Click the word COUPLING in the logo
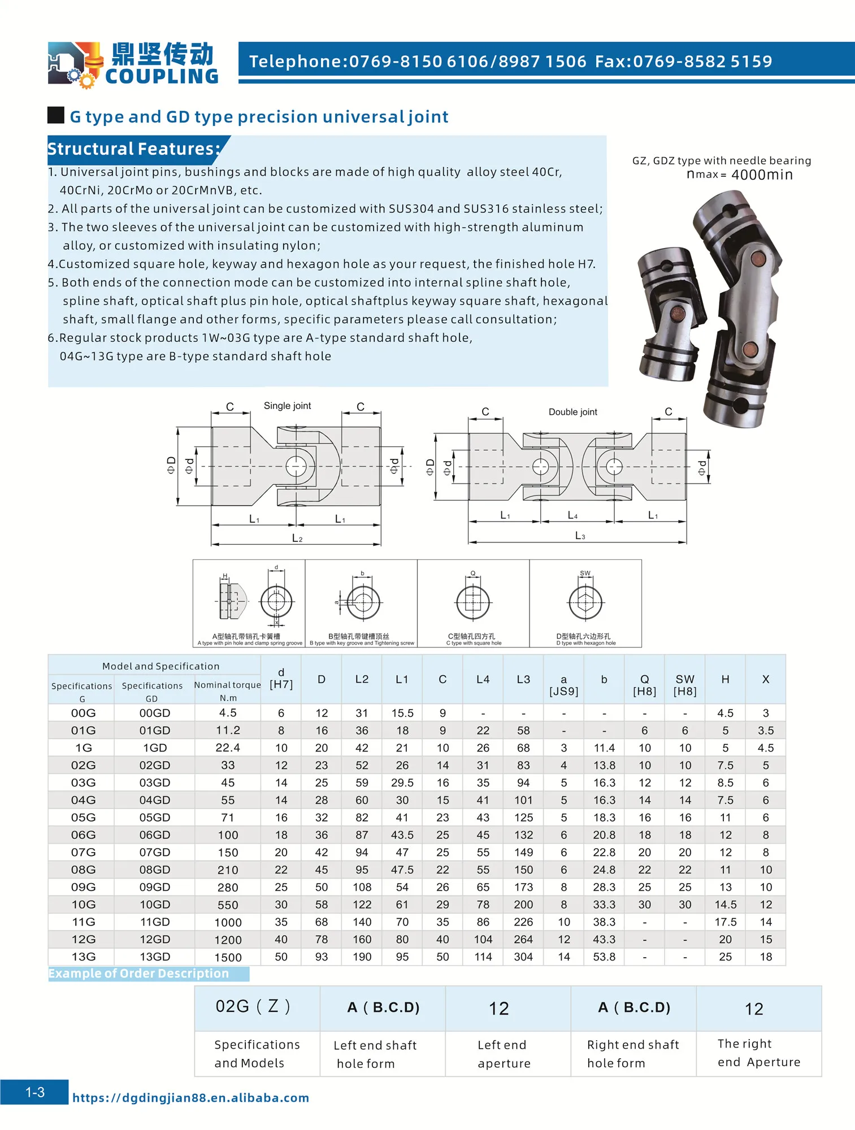click(162, 76)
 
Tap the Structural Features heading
click(134, 149)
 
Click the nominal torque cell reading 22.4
click(228, 748)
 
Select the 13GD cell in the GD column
click(155, 957)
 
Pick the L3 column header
click(523, 680)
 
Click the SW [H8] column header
click(685, 685)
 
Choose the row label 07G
click(83, 853)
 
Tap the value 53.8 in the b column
click(604, 957)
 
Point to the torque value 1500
click(228, 958)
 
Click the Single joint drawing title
click(287, 406)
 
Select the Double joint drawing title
click(572, 412)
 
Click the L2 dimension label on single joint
click(297, 538)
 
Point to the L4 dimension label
click(572, 515)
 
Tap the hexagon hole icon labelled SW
click(585, 602)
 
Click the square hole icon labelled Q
click(473, 602)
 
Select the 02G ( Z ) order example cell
click(253, 1007)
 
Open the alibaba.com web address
click(190, 1098)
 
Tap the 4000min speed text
click(762, 175)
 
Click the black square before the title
click(56, 115)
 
